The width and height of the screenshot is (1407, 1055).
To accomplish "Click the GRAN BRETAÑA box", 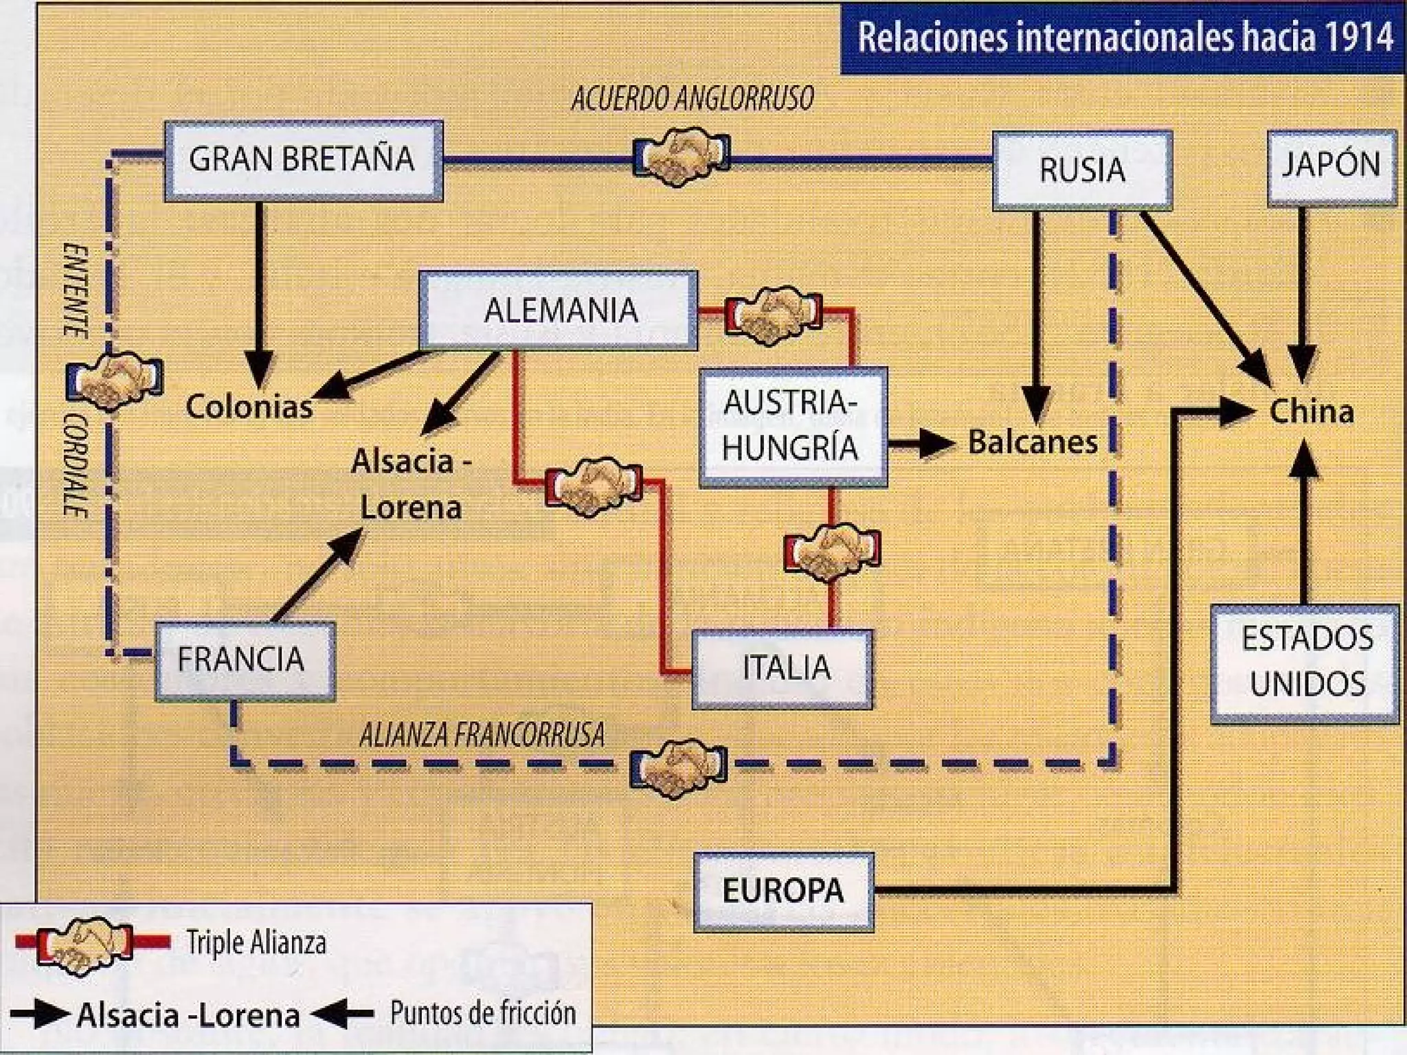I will [303, 160].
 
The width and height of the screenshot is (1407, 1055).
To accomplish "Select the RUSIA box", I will [1082, 170].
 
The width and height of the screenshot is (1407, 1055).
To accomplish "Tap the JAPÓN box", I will [1331, 166].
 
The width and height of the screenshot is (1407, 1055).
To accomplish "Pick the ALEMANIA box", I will [559, 310].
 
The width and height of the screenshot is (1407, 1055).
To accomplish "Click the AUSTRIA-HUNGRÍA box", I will [792, 426].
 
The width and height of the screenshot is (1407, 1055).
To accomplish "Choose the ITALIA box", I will [783, 668].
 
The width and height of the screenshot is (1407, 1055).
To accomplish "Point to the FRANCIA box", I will [245, 660].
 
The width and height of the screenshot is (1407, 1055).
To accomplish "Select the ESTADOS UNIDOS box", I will [1305, 662].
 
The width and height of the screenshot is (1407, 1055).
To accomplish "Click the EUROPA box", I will [783, 892].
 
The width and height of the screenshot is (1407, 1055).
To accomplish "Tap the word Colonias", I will [249, 407].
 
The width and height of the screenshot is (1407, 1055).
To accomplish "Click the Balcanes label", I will [1033, 442].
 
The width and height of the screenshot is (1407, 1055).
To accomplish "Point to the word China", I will [1312, 412].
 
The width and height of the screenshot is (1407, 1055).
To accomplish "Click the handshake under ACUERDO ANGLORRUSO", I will [681, 156].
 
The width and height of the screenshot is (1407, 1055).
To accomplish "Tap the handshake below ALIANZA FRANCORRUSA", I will [679, 767].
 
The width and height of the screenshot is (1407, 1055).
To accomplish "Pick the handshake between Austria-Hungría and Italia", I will [832, 551].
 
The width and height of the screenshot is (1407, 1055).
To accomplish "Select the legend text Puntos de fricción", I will [483, 1014].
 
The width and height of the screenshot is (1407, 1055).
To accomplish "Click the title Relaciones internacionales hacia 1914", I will [1124, 37].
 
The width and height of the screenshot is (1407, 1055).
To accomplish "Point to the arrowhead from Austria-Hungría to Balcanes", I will [937, 443].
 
